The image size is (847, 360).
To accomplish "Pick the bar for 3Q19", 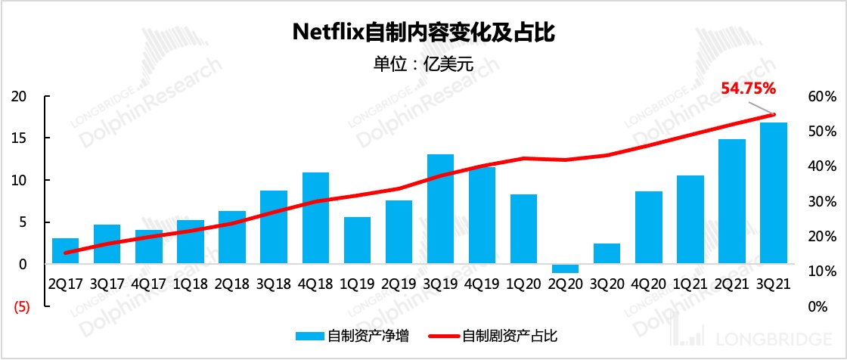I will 440,209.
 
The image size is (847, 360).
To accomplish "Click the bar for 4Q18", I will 315,218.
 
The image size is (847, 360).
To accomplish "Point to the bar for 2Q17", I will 66,250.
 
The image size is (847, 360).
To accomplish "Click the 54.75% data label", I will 749,88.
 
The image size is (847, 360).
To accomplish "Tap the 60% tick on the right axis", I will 821,97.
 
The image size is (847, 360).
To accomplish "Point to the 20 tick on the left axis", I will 20,97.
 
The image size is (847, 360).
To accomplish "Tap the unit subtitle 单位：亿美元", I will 423,64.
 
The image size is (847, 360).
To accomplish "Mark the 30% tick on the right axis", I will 821,201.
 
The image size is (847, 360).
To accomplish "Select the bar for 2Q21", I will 731,201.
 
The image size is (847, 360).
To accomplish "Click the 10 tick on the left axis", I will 20,181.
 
